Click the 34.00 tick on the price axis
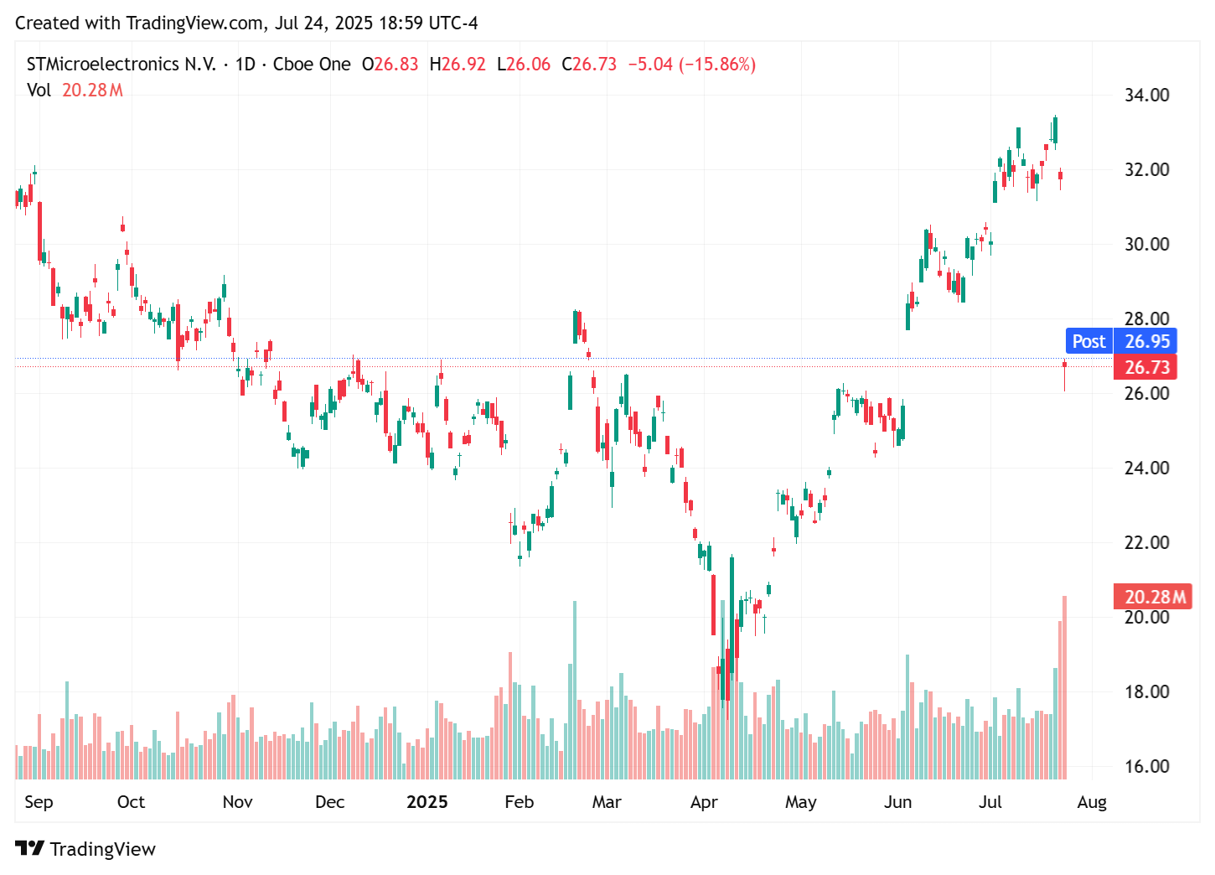(x=1146, y=95)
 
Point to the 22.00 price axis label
(x=1146, y=542)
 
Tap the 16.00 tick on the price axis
(x=1146, y=766)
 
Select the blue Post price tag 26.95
(x=1121, y=341)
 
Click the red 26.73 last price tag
(x=1145, y=367)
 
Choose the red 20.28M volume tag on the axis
(x=1153, y=597)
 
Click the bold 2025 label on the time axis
(x=427, y=802)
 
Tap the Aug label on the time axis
(x=1091, y=802)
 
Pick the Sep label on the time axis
(x=39, y=802)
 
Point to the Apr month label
(x=703, y=802)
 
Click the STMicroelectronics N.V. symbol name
(x=121, y=65)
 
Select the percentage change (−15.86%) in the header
(x=717, y=65)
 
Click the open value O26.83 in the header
(x=390, y=65)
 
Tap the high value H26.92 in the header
(x=458, y=65)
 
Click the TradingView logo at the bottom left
(x=85, y=849)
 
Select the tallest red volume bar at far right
(x=1064, y=687)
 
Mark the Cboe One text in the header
(x=312, y=65)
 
